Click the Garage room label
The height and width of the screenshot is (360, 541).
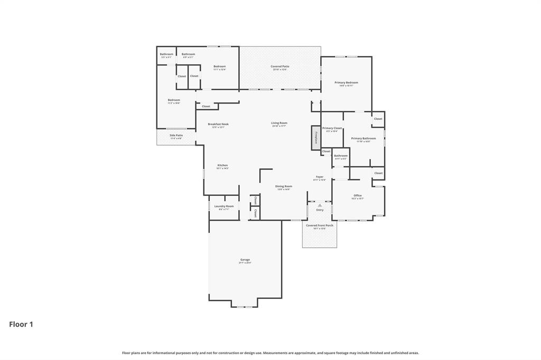point(245,260)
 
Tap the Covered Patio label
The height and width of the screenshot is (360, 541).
point(279,67)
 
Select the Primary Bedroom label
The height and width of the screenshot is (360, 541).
point(346,83)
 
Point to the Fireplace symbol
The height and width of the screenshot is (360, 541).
point(316,137)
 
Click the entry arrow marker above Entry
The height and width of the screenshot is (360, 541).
point(320,205)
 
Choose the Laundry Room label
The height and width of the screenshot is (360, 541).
point(223,206)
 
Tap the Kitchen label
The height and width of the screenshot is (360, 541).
point(222,165)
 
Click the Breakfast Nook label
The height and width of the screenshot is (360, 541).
point(218,124)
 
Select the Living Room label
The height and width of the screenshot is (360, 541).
point(279,123)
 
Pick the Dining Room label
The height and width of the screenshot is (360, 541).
point(284,186)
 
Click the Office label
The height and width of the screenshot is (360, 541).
point(358,195)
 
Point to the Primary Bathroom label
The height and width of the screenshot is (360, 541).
point(363,138)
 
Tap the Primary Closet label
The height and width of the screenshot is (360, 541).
point(332,128)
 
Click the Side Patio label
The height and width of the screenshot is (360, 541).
point(176,136)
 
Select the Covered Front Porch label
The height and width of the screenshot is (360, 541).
point(320,225)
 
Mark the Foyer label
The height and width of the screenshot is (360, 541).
point(320,177)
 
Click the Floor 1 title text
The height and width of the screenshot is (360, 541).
point(21,325)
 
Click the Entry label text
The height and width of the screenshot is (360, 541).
point(320,210)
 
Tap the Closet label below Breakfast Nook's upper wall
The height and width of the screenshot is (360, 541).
point(206,106)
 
